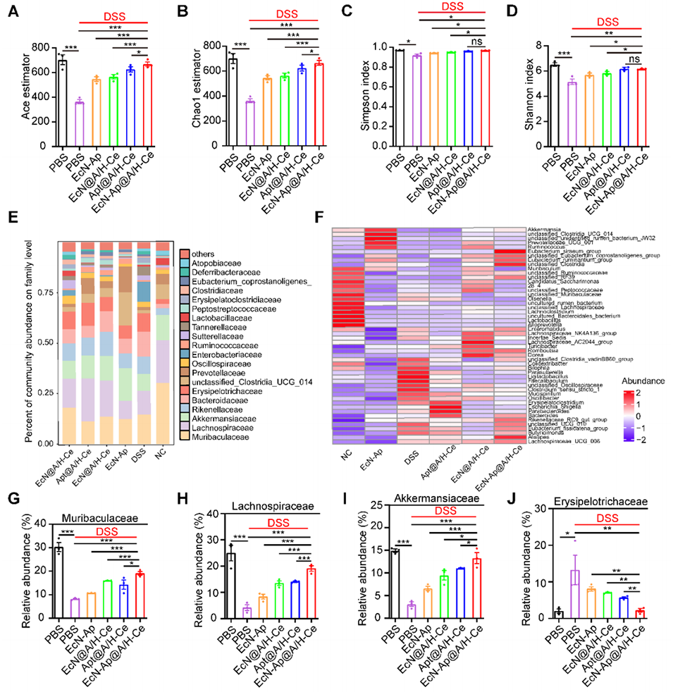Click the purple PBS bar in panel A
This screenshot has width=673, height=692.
coord(80,124)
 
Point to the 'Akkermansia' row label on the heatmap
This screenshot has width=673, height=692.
coord(544,230)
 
